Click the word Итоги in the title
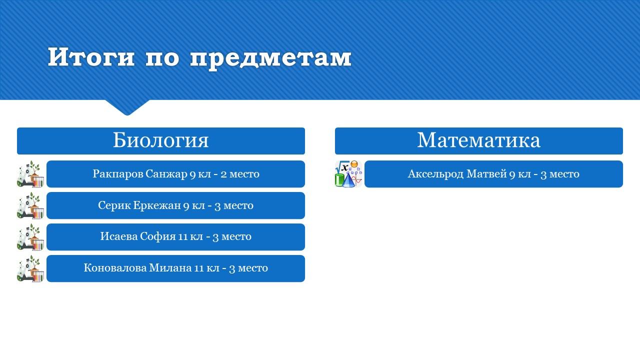click(91, 57)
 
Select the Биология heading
click(161, 140)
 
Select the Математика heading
click(478, 140)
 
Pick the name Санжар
click(166, 174)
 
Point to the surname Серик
click(114, 205)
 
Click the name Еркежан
click(157, 205)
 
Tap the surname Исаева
click(119, 236)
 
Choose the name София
click(158, 236)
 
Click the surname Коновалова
click(115, 267)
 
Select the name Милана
click(170, 267)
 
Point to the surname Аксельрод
click(435, 174)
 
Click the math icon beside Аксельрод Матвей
click(348, 174)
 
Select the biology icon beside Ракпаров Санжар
click(30, 174)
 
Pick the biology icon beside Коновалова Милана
click(30, 268)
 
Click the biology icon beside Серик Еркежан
click(30, 205)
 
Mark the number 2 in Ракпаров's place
click(223, 174)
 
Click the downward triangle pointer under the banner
click(127, 107)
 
